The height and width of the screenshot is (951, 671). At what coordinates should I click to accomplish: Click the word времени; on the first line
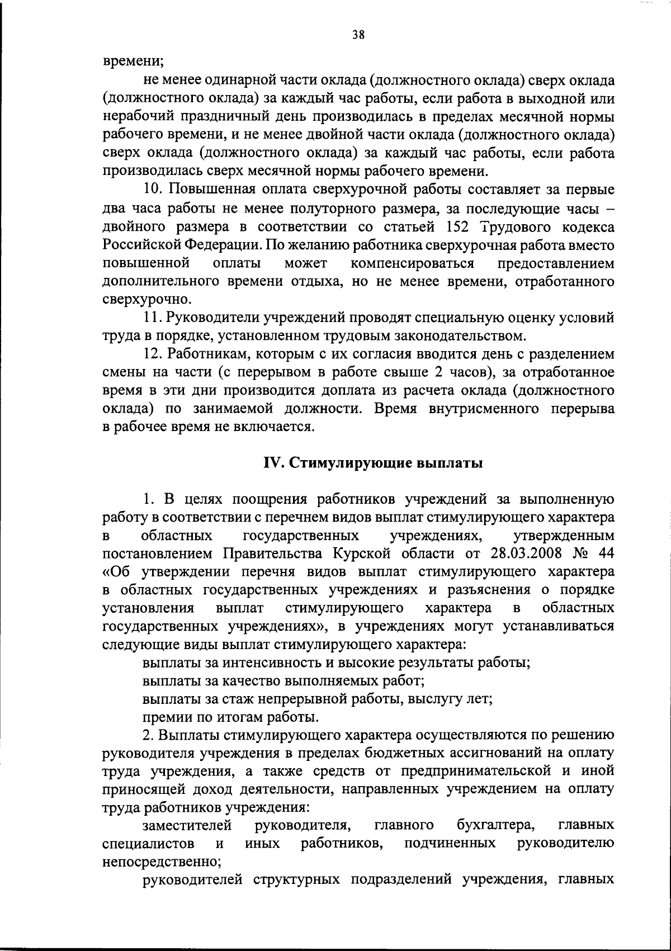(132, 63)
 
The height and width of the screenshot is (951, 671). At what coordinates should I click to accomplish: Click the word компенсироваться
(413, 263)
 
